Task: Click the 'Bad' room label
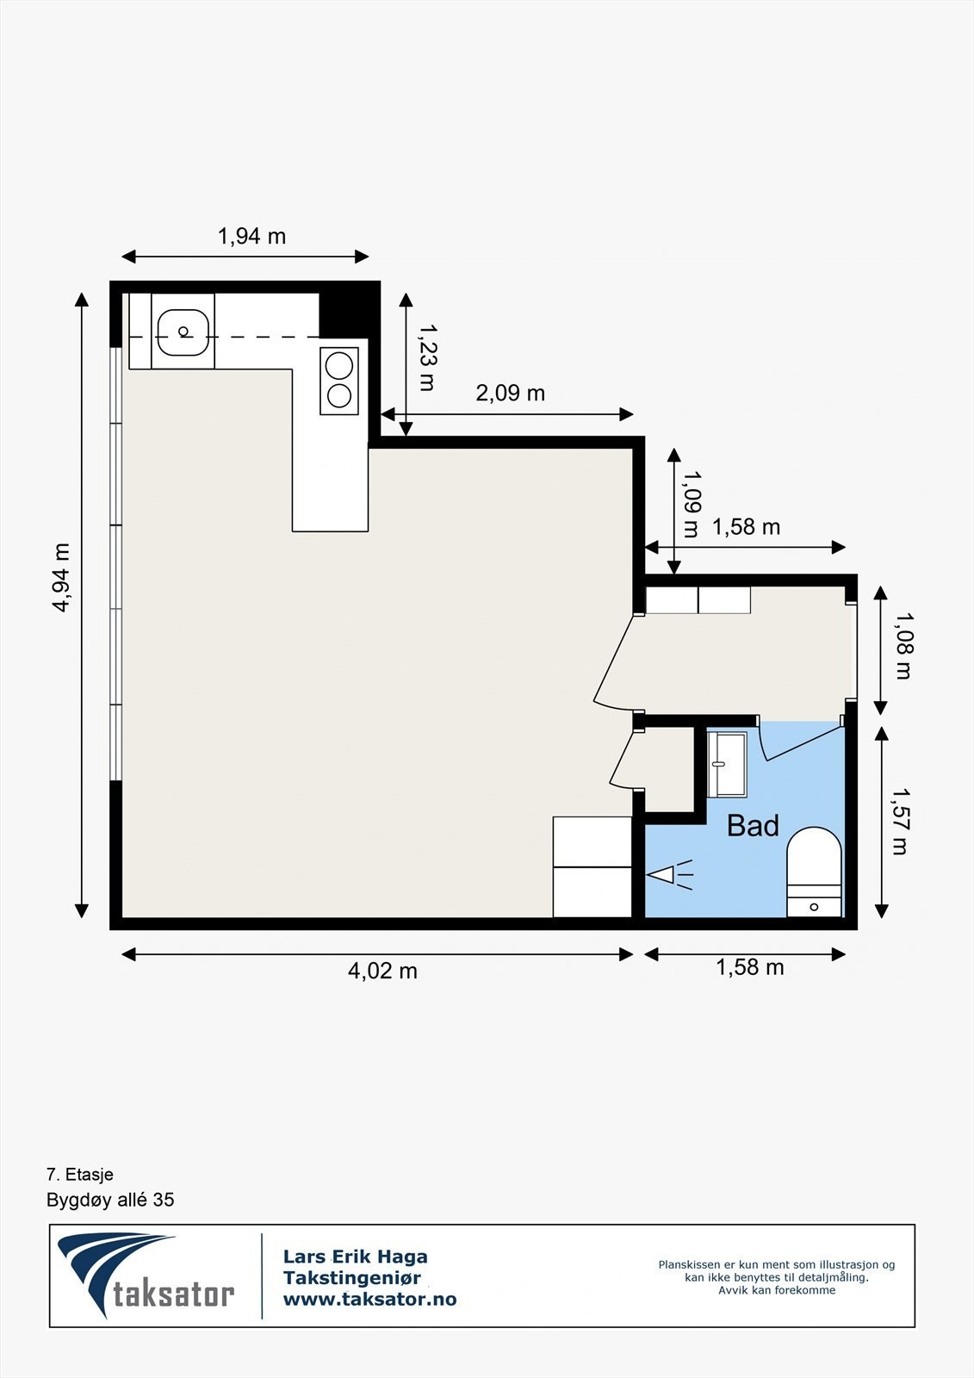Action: click(x=753, y=826)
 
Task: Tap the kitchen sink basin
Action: click(x=183, y=332)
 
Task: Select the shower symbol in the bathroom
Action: click(x=669, y=874)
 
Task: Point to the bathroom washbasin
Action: click(x=727, y=764)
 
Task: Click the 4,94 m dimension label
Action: click(x=61, y=577)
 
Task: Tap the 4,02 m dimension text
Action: click(x=382, y=971)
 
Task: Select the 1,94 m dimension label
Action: click(x=251, y=236)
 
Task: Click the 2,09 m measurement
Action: click(x=510, y=393)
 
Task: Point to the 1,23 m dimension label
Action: click(x=426, y=357)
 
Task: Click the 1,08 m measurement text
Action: click(x=903, y=645)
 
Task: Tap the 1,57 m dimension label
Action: click(x=901, y=822)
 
